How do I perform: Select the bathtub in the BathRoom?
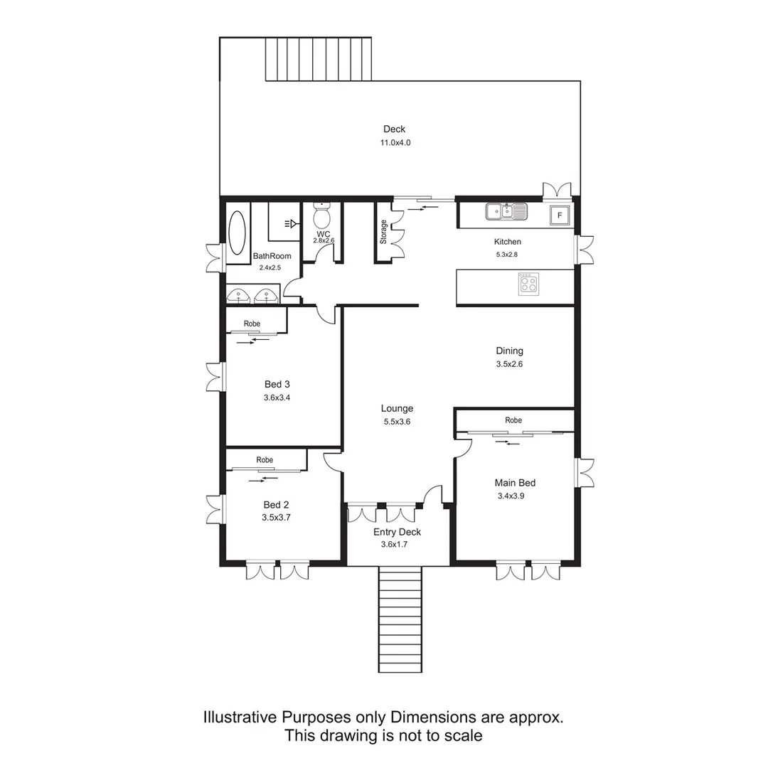(x=237, y=233)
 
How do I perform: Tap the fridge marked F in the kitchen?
(x=560, y=215)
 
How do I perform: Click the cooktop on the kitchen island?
(x=528, y=284)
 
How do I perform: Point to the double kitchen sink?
(x=506, y=211)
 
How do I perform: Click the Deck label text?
(x=394, y=129)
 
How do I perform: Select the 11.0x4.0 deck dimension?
(x=395, y=143)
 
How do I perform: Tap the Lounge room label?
(x=397, y=408)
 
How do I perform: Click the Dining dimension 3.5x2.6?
(x=509, y=364)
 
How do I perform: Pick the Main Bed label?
(x=515, y=483)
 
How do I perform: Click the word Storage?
(x=383, y=233)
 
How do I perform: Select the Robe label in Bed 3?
(x=252, y=324)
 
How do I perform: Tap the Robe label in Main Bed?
(x=513, y=420)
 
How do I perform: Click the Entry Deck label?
(x=397, y=532)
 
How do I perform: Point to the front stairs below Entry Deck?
(x=400, y=619)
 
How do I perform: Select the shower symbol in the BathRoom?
(x=291, y=224)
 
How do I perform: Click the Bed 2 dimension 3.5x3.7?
(x=276, y=518)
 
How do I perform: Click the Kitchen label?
(x=508, y=242)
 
